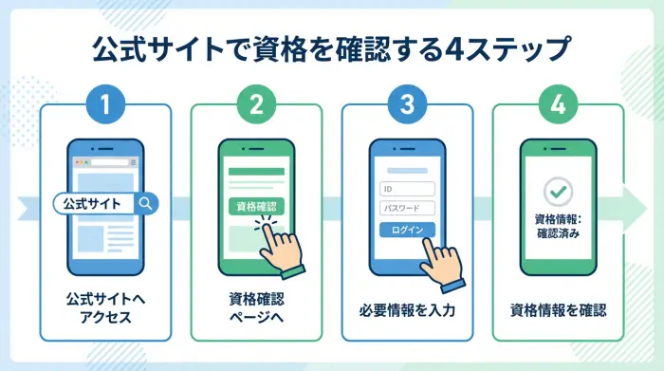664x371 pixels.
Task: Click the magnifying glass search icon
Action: (145, 203)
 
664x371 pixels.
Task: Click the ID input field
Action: (407, 188)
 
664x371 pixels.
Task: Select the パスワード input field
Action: (407, 208)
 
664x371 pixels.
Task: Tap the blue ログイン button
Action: (407, 229)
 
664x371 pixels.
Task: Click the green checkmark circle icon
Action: (558, 192)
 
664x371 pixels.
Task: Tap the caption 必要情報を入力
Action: (407, 309)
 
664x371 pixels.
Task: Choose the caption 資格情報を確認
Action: (558, 309)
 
